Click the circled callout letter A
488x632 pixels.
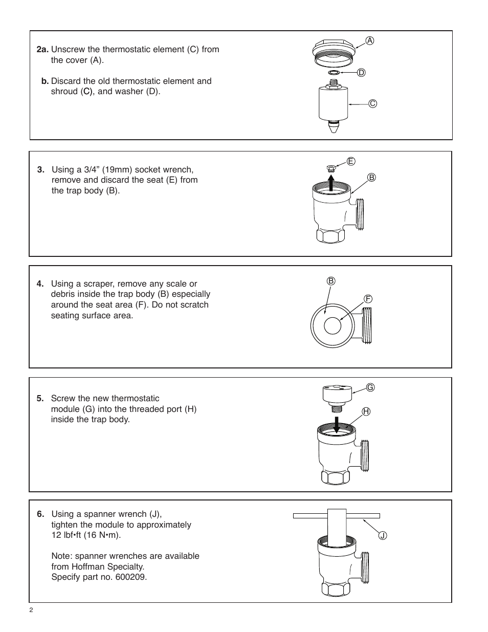(369, 40)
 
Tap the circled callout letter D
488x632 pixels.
(361, 73)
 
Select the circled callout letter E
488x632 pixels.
(351, 161)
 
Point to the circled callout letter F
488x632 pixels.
(367, 298)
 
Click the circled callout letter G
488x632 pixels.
(370, 388)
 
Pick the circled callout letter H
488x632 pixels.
(366, 411)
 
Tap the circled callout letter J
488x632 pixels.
(383, 536)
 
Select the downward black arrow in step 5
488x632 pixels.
(336, 424)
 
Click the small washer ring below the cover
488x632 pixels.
(334, 73)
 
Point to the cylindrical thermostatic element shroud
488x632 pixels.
(333, 103)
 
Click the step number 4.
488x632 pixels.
(40, 284)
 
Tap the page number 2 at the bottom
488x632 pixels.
(31, 610)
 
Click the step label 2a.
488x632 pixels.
(42, 50)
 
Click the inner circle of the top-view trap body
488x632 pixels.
(333, 326)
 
